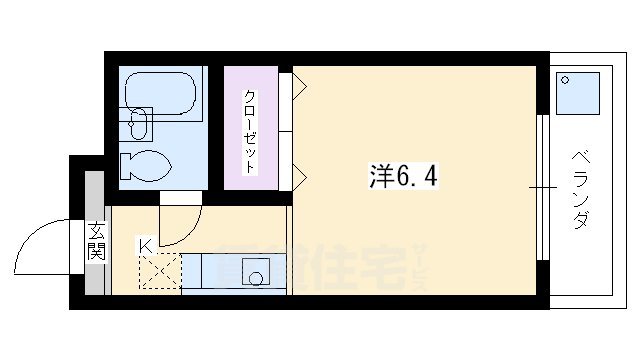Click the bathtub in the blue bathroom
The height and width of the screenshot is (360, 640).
pyautogui.click(x=159, y=93)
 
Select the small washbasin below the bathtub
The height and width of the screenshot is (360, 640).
pyautogui.click(x=140, y=127)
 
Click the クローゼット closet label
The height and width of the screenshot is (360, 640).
pyautogui.click(x=250, y=131)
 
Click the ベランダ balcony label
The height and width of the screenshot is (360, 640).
pyautogui.click(x=580, y=189)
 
